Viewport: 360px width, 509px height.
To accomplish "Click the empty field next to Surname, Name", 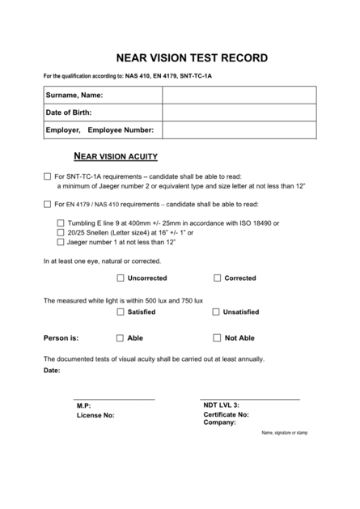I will pyautogui.click(x=231, y=95).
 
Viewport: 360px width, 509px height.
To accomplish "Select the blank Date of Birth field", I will pyautogui.click(x=231, y=112).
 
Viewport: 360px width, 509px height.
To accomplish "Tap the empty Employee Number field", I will pyautogui.click(x=231, y=130).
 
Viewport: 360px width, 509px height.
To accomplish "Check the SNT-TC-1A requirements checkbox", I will pyautogui.click(x=46, y=176).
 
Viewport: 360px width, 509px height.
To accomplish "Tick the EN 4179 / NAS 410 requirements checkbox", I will pyautogui.click(x=46, y=204).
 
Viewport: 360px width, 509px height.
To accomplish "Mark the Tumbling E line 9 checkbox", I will pyautogui.click(x=61, y=223).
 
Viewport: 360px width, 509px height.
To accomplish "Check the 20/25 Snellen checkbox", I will pyautogui.click(x=61, y=232).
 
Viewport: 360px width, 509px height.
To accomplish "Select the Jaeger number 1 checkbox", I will pyautogui.click(x=61, y=241).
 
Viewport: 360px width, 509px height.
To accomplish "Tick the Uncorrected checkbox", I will pyautogui.click(x=121, y=278).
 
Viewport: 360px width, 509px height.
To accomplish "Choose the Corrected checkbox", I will pyautogui.click(x=217, y=278).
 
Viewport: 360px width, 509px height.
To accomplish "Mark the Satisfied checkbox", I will pyautogui.click(x=121, y=312).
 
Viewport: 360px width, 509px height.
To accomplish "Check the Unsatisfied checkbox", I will pyautogui.click(x=217, y=312).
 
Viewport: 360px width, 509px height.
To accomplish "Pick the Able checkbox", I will pyautogui.click(x=121, y=338).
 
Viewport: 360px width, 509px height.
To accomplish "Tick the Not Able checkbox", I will pyautogui.click(x=217, y=338).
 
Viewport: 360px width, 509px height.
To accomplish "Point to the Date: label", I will pyautogui.click(x=52, y=370).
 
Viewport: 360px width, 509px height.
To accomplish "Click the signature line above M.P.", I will pyautogui.click(x=114, y=399).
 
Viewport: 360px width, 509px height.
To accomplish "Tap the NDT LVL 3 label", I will pyautogui.click(x=221, y=405).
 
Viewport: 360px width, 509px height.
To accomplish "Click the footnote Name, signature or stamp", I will pyautogui.click(x=284, y=433).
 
